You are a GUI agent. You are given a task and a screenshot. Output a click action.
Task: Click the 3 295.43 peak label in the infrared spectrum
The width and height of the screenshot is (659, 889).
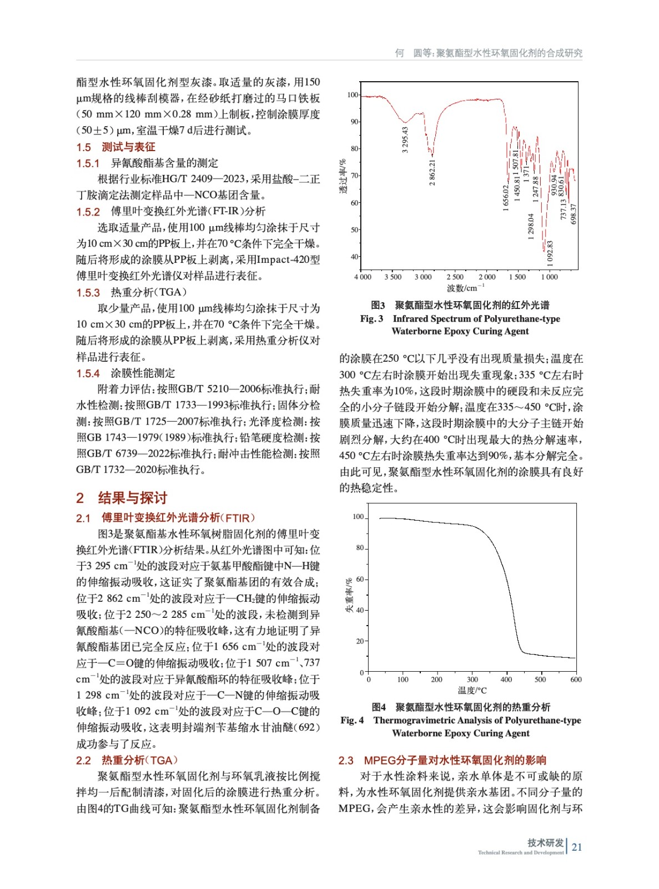click(x=405, y=139)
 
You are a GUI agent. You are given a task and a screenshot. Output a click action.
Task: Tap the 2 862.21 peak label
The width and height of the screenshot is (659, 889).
click(x=432, y=173)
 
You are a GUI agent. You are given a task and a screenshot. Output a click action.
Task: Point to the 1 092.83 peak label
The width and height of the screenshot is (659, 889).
click(x=550, y=253)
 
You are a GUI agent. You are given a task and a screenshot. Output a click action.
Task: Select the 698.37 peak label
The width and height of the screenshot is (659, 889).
click(x=574, y=214)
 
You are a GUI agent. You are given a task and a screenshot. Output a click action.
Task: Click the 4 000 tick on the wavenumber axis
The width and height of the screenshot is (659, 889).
click(x=363, y=277)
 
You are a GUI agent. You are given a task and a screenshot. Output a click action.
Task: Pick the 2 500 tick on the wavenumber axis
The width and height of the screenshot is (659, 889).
click(x=455, y=277)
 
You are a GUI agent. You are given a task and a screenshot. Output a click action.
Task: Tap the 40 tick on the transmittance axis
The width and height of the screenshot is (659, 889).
click(x=354, y=257)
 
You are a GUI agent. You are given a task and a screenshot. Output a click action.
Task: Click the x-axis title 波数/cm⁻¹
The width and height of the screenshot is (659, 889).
click(x=465, y=288)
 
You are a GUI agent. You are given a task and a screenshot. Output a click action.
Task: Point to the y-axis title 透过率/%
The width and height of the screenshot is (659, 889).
click(x=343, y=176)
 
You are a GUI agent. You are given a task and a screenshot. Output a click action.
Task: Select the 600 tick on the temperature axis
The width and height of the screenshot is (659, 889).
click(x=576, y=679)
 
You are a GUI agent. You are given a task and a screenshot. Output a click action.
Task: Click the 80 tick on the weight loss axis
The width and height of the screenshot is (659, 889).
click(x=360, y=548)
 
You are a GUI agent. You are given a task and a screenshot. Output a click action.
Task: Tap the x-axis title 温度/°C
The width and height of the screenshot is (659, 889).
click(x=472, y=690)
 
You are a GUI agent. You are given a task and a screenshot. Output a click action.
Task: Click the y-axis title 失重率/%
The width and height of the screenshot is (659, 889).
click(x=349, y=595)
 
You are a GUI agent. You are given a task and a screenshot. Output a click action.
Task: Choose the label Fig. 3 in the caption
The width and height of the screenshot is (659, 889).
click(x=371, y=319)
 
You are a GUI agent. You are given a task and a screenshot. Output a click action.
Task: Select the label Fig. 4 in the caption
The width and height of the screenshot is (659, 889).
click(x=352, y=721)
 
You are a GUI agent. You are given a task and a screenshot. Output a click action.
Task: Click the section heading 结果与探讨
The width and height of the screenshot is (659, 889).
click(x=132, y=497)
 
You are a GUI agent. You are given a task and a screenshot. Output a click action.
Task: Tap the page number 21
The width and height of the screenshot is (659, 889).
click(x=577, y=847)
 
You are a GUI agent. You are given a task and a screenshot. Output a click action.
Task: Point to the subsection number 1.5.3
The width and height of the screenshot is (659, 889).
click(x=88, y=293)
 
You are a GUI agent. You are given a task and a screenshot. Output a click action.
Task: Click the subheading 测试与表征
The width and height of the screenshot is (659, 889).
click(x=128, y=147)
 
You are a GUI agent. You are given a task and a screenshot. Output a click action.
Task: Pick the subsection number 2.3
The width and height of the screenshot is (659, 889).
click(x=346, y=760)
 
